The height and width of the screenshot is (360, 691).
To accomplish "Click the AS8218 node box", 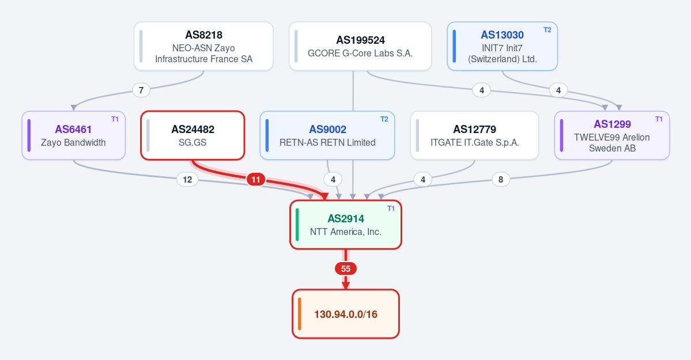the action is tap(203, 46).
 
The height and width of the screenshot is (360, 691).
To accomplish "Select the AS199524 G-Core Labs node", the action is tap(360, 46).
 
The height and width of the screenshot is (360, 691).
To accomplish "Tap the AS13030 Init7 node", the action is tap(503, 46).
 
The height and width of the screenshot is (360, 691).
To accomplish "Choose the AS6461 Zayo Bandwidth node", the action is tap(74, 135).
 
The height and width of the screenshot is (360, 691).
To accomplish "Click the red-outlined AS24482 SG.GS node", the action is tap(192, 135).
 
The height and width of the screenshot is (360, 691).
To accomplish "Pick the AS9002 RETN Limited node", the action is tap(327, 135).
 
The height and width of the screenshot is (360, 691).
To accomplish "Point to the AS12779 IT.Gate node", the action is tap(475, 135).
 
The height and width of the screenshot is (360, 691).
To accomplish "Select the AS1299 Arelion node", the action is tap(612, 135).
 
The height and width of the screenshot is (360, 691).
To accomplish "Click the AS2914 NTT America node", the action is tap(346, 225).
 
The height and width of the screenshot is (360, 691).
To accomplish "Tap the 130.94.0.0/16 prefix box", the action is tap(346, 314).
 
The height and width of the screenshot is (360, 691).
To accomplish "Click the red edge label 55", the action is tap(346, 269).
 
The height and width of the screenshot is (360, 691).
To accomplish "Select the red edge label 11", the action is tap(256, 179).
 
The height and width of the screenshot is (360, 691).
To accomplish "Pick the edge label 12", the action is tap(187, 179).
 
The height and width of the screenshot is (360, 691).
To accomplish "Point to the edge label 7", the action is tap(141, 90).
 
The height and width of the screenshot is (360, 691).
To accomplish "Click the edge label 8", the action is tap(501, 179).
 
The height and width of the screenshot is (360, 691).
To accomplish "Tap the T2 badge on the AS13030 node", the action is tap(547, 30).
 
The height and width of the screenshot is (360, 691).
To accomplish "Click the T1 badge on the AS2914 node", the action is tap(391, 209).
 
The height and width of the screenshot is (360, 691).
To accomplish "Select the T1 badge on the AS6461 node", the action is tap(115, 119).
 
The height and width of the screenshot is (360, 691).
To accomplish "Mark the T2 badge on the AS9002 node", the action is tap(384, 119).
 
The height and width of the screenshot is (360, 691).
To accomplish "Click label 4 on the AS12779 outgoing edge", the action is tap(423, 179).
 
